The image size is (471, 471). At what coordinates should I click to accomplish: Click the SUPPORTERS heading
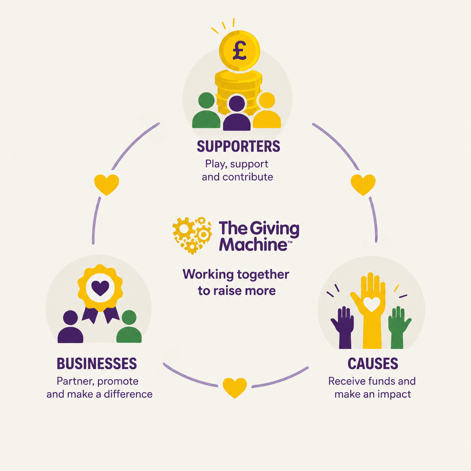pyautogui.click(x=238, y=146)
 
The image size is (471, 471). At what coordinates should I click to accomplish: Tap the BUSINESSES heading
pyautogui.click(x=97, y=364)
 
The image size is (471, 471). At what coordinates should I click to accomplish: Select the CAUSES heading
pyautogui.click(x=373, y=364)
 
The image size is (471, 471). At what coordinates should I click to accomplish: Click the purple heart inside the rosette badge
pyautogui.click(x=100, y=288)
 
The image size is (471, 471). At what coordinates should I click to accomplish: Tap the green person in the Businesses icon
pyautogui.click(x=129, y=326)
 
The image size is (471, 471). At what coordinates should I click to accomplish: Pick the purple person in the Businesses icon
pyautogui.click(x=70, y=326)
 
